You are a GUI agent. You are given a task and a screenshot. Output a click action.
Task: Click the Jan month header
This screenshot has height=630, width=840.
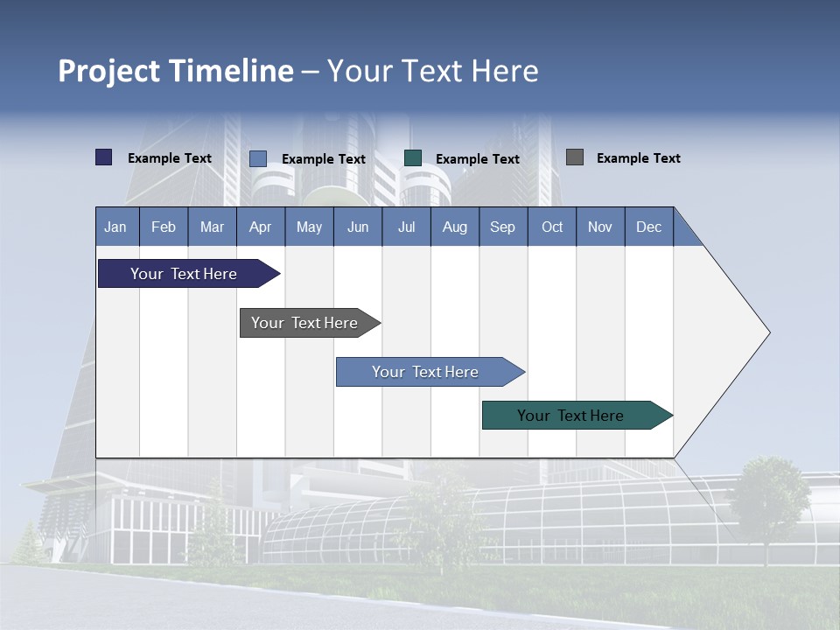(x=116, y=227)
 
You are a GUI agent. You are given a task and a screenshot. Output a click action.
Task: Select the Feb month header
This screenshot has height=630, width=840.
(x=164, y=227)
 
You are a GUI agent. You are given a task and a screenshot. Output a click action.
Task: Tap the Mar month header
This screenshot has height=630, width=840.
(x=212, y=227)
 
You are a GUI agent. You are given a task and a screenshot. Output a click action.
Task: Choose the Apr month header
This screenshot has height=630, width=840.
(x=261, y=227)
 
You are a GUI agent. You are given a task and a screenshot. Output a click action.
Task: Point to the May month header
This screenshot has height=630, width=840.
(x=309, y=227)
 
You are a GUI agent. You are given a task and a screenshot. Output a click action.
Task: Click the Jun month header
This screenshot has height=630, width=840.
(x=358, y=227)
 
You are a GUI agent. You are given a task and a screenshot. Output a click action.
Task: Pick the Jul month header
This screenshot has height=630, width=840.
(x=406, y=227)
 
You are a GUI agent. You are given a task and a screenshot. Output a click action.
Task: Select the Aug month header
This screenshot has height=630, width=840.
(x=455, y=227)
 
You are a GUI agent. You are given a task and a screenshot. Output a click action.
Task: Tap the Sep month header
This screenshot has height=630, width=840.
(x=503, y=227)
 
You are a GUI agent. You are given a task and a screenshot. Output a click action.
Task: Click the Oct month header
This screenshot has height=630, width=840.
(x=552, y=227)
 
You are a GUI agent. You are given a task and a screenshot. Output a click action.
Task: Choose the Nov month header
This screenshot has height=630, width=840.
(x=600, y=227)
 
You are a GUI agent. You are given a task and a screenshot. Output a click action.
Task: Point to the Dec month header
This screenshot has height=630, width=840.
(x=649, y=227)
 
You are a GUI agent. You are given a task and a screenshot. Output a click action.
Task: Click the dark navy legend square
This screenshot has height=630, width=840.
(x=104, y=157)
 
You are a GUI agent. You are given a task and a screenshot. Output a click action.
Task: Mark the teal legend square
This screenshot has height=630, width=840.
(x=413, y=157)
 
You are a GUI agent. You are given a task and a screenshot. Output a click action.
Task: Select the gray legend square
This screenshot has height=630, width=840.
(x=575, y=157)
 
